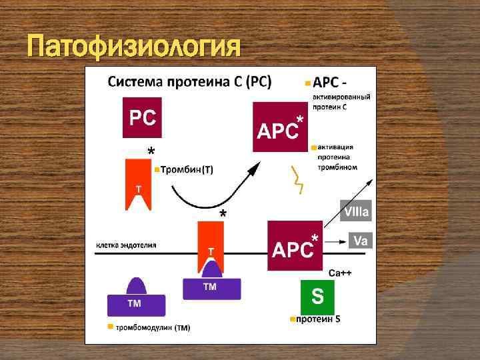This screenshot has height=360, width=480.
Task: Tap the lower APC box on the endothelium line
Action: point(293,246)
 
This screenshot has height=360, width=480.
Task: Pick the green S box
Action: point(317,297)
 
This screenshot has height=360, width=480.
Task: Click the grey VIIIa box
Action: point(357,212)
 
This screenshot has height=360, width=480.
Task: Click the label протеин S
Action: point(318,319)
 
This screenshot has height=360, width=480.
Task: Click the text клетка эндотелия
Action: point(127,245)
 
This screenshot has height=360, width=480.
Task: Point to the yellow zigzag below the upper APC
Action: point(299,179)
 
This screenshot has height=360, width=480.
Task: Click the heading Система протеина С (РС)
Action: point(189,83)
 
